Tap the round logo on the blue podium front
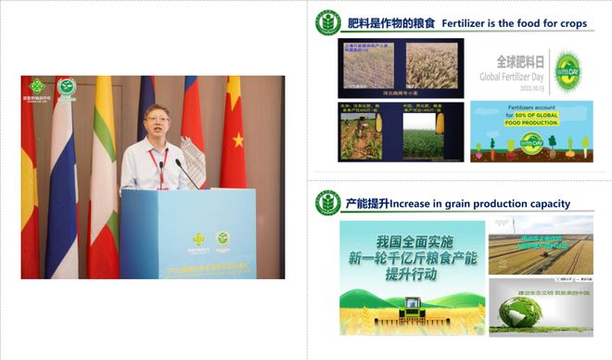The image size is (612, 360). click(x=223, y=239)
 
